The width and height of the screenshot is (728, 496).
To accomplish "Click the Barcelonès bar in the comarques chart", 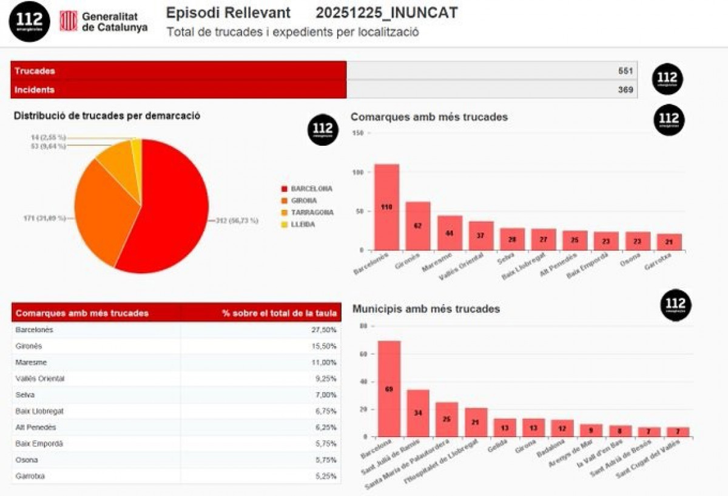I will tap(386, 207).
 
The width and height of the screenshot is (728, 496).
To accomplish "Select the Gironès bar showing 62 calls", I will tap(418, 226).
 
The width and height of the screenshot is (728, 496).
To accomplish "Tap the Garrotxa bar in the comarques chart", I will tap(669, 242).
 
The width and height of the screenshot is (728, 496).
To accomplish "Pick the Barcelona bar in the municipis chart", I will tap(389, 389).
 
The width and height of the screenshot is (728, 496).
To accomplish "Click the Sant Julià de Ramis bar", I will tap(418, 413).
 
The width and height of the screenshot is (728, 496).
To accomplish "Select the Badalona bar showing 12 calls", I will tap(562, 428).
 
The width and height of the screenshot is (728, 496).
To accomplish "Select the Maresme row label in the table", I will tap(32, 362).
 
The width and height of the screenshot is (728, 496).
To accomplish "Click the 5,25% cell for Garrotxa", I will tap(325, 477).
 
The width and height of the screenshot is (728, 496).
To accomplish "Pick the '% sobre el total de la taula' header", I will tap(279, 313).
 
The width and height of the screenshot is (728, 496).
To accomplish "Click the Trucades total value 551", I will tap(625, 71).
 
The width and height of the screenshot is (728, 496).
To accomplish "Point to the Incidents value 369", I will tap(625, 90).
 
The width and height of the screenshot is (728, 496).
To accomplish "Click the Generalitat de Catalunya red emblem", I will tap(68, 21).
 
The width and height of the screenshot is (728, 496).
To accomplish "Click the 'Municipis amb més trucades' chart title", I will tap(426, 309).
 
